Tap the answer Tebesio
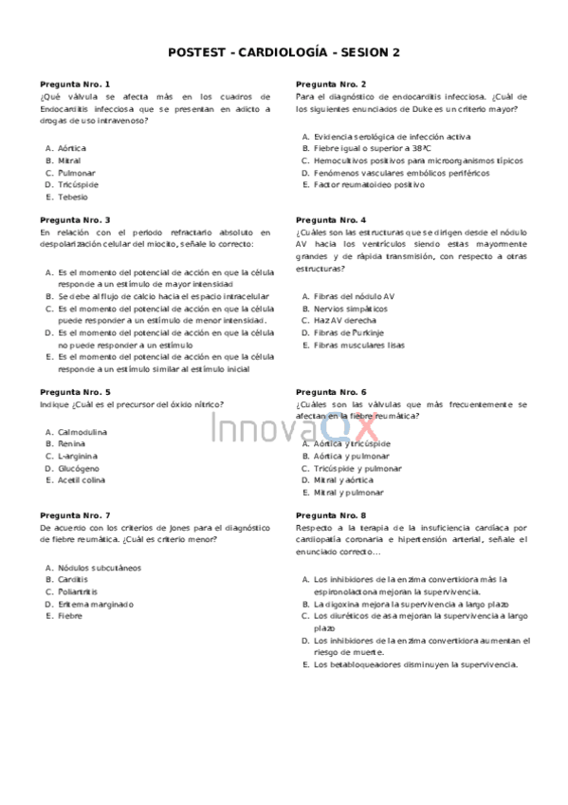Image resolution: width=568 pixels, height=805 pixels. pyautogui.click(x=72, y=197)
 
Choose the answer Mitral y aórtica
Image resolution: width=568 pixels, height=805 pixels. pyautogui.click(x=349, y=480)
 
